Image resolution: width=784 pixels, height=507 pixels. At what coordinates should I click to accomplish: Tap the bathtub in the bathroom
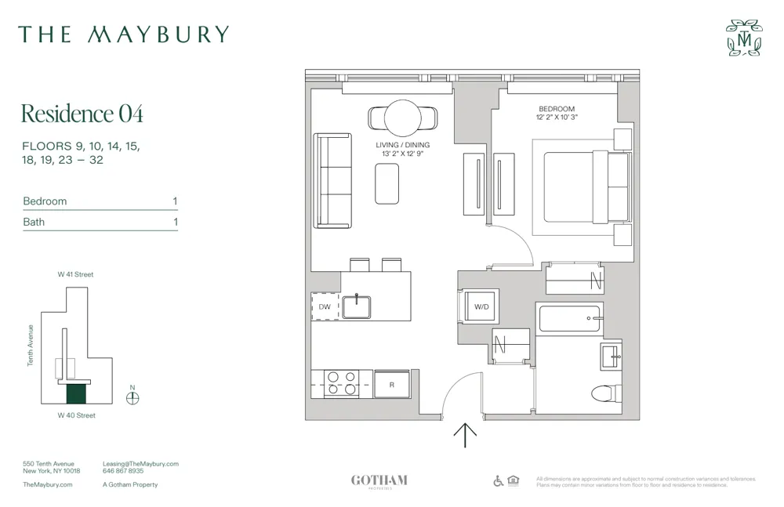coord(569,319)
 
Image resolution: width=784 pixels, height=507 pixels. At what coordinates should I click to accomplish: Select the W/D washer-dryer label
coord(481,306)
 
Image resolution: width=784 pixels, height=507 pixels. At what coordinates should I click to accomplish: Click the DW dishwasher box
coord(325,306)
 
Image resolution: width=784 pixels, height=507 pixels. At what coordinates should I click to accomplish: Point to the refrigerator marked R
coord(393,383)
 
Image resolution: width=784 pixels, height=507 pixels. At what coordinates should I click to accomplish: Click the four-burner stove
coord(341,383)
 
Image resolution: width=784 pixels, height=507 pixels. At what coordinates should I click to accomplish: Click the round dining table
coord(404,118)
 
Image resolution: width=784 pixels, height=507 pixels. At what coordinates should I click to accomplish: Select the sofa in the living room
coord(332,180)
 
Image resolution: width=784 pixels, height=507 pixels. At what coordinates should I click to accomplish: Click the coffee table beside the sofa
coord(387,184)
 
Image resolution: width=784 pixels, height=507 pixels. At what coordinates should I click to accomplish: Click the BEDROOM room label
coord(557,109)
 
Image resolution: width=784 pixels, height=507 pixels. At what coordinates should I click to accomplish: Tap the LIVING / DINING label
coord(403,145)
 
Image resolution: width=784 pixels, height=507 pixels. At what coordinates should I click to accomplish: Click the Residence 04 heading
coord(82,114)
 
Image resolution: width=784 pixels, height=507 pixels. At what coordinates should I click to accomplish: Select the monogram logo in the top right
coord(743,38)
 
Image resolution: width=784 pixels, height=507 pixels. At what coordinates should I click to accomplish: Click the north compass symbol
coord(132,397)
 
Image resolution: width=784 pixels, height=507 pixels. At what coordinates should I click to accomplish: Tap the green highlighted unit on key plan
coord(76,393)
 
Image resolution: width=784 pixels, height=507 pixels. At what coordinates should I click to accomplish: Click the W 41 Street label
coord(75,274)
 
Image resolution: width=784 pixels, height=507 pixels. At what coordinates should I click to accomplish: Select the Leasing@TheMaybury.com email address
coord(140,464)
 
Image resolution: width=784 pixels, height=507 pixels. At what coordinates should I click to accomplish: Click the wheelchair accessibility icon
coord(498,480)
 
